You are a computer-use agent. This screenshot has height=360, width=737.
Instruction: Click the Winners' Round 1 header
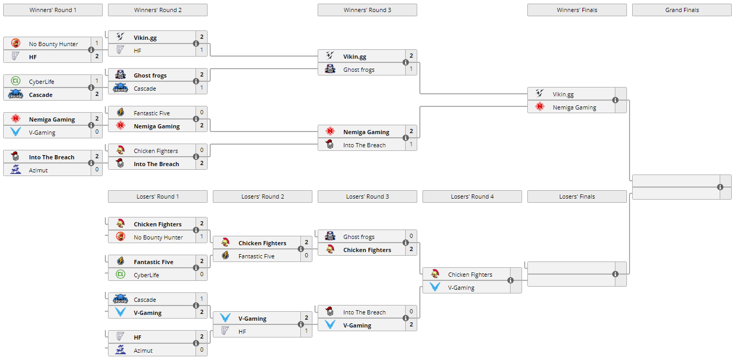(53, 10)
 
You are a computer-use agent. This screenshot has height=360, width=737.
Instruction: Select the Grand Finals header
(681, 10)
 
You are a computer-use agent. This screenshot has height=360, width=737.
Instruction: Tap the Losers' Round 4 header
(472, 197)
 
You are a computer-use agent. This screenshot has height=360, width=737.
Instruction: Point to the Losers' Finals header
(577, 197)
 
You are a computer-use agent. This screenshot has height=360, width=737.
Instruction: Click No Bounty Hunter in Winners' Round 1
(53, 44)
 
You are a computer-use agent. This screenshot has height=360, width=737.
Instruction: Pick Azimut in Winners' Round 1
(38, 170)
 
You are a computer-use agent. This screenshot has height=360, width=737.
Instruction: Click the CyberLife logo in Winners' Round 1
(16, 81)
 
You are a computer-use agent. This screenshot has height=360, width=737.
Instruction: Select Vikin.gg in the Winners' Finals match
(563, 94)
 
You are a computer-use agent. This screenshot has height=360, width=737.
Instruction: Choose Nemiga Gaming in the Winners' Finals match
(574, 107)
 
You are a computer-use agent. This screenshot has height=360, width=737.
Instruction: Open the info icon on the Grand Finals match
(720, 187)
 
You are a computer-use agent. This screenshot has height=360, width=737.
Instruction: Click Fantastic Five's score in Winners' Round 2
(202, 113)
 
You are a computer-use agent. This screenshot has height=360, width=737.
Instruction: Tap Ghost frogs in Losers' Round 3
(359, 237)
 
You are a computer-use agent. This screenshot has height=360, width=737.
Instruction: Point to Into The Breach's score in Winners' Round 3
(411, 145)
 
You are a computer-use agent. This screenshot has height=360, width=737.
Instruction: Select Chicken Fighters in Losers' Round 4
(470, 275)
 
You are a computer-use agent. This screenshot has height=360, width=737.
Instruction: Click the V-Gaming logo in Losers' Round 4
(435, 287)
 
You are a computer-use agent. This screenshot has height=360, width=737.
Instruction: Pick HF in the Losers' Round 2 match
(242, 332)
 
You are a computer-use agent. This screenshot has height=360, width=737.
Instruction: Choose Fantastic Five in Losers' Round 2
(256, 256)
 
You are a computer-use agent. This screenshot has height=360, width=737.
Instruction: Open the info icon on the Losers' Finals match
(615, 274)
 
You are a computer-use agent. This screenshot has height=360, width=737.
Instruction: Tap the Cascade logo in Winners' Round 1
(16, 94)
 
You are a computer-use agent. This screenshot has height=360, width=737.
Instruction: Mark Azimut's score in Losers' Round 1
(202, 350)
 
